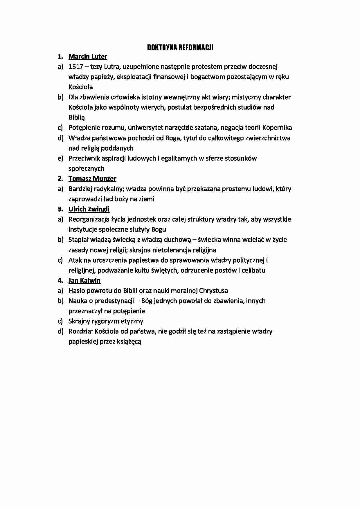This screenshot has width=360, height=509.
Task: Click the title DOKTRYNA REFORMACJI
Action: click(x=180, y=48)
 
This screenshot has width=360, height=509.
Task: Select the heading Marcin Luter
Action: click(x=88, y=57)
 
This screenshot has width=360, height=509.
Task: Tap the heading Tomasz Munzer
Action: click(x=92, y=179)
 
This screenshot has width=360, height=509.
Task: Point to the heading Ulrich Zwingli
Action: click(x=89, y=209)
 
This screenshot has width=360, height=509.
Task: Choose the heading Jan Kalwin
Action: click(x=84, y=281)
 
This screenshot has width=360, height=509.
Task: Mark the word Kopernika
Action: click(x=277, y=128)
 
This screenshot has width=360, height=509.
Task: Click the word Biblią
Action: click(x=77, y=118)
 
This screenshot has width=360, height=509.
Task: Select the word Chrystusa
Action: click(x=213, y=291)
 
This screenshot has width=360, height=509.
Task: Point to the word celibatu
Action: click(x=253, y=270)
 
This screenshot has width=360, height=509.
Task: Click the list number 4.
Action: click(x=60, y=281)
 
